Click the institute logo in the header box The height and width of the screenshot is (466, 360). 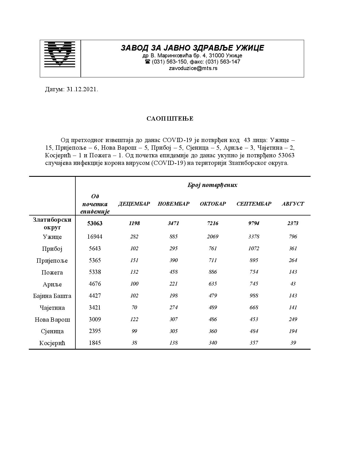coord(60,54)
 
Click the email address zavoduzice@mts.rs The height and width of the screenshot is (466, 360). coord(193,68)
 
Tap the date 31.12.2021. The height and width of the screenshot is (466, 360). coord(82,90)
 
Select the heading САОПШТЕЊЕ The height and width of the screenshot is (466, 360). coord(170,119)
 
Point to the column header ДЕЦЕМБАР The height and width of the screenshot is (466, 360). coord(134,204)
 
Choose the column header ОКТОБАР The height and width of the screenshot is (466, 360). coord(213,204)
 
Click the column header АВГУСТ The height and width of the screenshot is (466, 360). coord(293,204)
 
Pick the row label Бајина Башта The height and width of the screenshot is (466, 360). coord(52,296)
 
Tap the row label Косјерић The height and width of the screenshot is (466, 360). coord(52,343)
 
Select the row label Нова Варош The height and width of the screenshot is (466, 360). coord(52,320)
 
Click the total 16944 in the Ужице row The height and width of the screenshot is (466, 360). coord(95,237)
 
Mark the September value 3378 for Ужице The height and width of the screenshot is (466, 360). coord(254,237)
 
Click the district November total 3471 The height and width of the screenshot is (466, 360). coord(173,223)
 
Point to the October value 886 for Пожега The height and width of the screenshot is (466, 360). coord(213,272)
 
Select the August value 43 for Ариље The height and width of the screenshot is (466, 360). coord(293,284)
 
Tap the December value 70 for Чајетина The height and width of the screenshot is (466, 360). coord(134,308)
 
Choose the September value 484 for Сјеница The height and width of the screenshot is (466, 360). coord(254,331)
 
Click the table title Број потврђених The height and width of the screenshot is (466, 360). coord(212,185)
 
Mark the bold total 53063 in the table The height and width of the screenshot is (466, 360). coord(95,223)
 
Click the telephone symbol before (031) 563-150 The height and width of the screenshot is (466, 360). coord(147,62)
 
